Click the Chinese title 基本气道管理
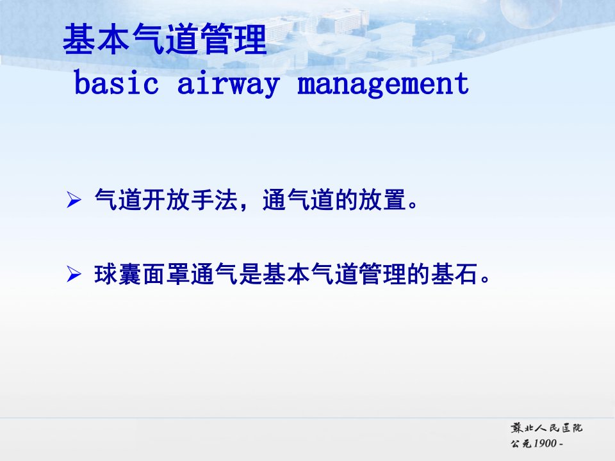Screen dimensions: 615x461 (165, 39)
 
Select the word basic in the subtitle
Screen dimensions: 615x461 (117, 83)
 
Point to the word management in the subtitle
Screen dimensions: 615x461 (383, 85)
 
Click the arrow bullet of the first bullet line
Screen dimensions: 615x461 (74, 200)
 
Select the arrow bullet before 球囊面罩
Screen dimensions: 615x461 (74, 273)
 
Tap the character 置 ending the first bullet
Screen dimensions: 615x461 (394, 200)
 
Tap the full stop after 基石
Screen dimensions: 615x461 (486, 279)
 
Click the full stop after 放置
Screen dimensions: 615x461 (413, 205)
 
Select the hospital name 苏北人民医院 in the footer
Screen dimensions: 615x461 (546, 428)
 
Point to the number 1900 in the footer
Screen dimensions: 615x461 (545, 443)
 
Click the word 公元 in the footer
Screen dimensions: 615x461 (521, 443)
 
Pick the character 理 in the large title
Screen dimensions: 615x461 (250, 39)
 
